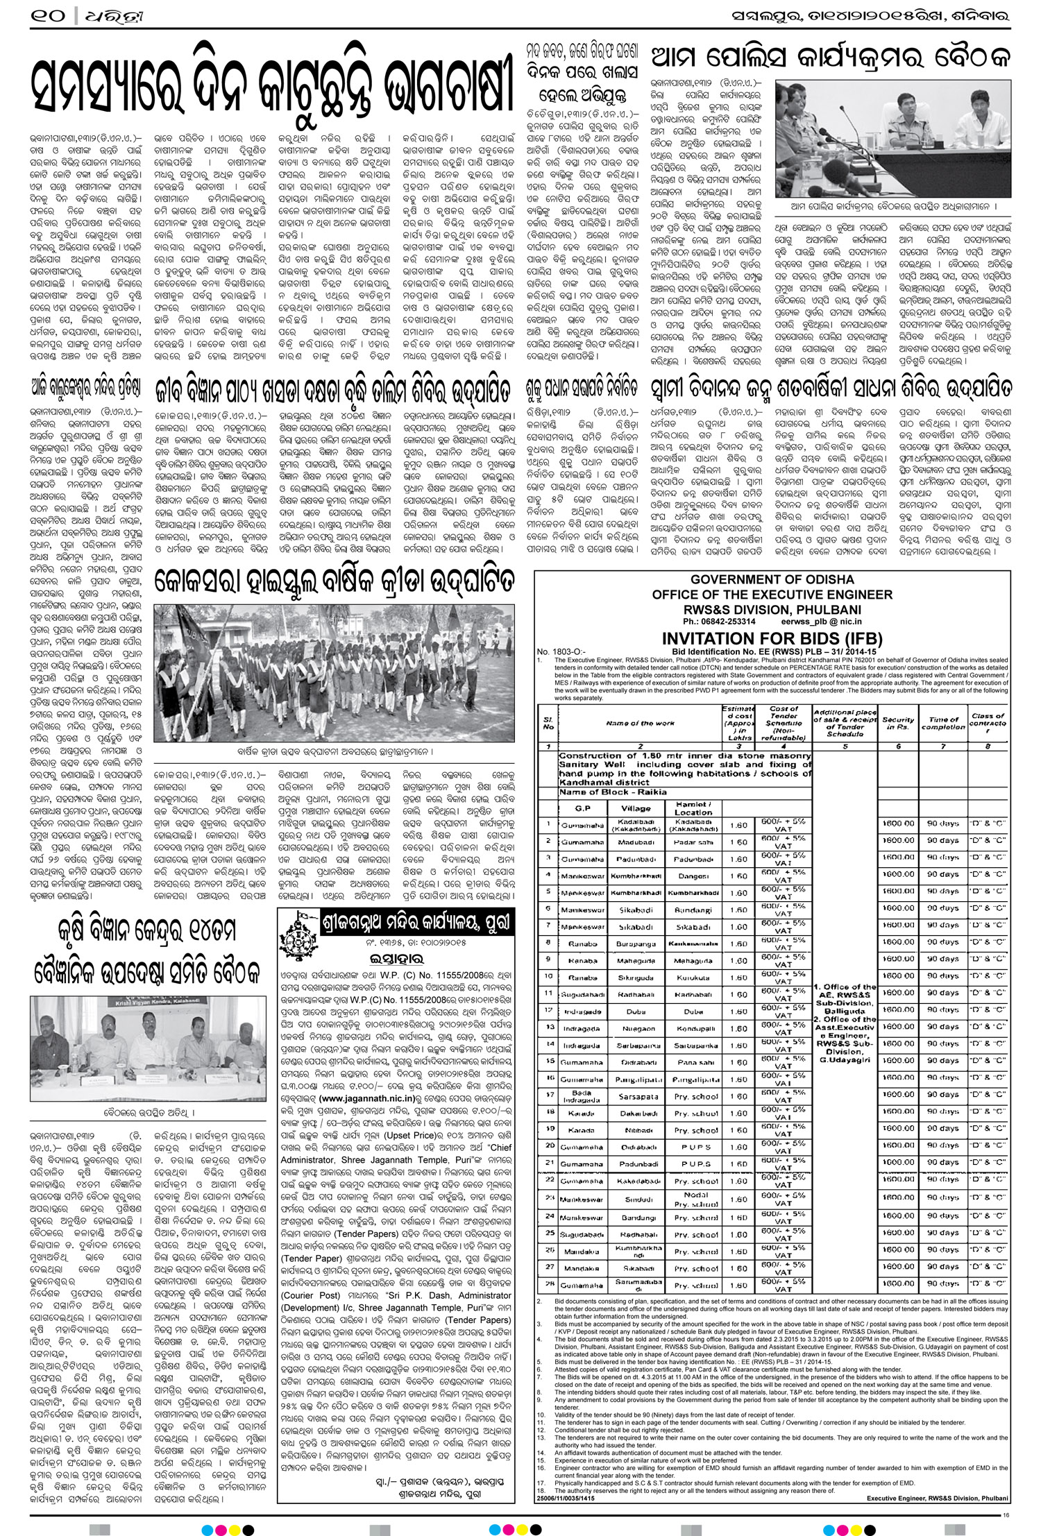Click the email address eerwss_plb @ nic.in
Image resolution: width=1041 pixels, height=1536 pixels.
pos(821,622)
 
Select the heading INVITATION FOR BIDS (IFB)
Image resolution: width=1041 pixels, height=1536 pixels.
pos(772,639)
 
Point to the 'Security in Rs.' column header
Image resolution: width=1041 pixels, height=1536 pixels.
pos(899,724)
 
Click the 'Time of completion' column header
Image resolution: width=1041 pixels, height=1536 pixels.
pos(943,724)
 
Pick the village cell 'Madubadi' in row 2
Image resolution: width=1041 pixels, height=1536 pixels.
pos(636,842)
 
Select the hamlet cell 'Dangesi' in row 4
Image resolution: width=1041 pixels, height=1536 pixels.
pos(693,876)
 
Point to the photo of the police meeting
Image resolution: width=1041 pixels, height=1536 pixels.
pos(892,139)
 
